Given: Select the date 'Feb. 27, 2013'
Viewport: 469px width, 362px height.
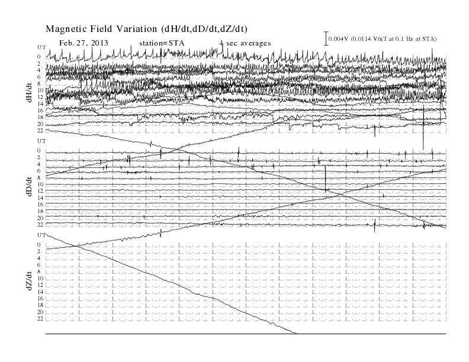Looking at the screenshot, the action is click(83, 43).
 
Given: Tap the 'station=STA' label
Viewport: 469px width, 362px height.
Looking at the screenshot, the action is click(162, 43).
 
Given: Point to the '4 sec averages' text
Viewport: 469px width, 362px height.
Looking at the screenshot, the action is click(245, 43).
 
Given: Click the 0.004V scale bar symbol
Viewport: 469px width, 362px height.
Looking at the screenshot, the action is click(326, 38).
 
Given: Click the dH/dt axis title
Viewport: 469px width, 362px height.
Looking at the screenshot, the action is click(29, 92).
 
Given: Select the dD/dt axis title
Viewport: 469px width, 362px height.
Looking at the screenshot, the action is click(29, 186).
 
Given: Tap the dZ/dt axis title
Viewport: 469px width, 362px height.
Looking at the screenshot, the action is click(29, 281).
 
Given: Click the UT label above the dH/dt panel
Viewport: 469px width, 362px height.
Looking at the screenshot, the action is click(41, 47).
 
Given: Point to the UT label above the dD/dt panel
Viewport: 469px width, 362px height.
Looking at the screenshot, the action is click(41, 141).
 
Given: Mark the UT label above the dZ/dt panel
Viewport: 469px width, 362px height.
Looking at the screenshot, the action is click(41, 235).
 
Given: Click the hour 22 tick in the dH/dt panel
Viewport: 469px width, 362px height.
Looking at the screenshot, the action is click(40, 131).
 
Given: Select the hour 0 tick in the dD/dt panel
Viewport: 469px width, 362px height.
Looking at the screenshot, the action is click(38, 150).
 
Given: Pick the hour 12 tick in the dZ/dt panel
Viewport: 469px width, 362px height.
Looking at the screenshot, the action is click(40, 285).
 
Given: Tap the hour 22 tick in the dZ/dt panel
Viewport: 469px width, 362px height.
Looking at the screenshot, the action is click(40, 319).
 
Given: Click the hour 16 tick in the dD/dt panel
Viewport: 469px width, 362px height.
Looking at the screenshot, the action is click(40, 204).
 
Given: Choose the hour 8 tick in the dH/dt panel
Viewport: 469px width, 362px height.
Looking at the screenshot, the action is click(38, 83).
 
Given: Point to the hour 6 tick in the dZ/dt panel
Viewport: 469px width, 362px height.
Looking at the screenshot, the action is click(38, 265).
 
